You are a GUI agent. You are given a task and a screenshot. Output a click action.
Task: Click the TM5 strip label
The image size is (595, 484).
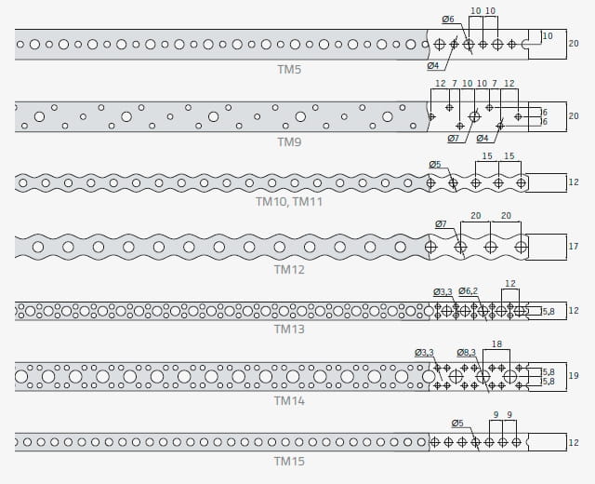[289, 70]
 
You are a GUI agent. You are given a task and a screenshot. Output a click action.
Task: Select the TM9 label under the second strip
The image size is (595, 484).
[289, 142]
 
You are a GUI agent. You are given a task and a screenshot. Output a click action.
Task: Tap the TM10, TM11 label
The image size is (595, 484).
[289, 201]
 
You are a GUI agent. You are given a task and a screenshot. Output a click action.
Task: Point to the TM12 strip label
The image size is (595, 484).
[289, 269]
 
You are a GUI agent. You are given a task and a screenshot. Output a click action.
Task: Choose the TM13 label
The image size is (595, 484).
[289, 329]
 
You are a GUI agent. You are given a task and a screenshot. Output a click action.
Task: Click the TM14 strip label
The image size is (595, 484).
[289, 401]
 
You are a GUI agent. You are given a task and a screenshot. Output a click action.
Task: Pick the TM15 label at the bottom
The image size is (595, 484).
[289, 462]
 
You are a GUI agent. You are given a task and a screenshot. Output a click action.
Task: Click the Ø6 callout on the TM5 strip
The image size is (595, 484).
[448, 19]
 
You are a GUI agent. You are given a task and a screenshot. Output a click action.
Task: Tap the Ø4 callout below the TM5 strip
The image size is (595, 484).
[433, 66]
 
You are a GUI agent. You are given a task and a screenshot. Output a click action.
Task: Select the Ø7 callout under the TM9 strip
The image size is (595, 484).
[453, 139]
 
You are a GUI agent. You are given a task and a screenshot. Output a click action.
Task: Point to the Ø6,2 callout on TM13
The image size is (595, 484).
[468, 291]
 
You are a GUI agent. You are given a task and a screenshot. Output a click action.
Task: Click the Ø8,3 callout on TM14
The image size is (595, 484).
[467, 353]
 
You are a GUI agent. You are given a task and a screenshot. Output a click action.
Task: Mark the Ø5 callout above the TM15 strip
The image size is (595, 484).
[457, 423]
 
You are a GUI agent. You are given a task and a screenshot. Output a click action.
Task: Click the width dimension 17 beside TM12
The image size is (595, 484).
[574, 247]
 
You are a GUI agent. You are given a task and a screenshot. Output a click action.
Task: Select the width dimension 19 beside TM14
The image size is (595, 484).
[574, 375]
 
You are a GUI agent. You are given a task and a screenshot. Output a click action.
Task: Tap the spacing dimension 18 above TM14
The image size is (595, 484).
[496, 343]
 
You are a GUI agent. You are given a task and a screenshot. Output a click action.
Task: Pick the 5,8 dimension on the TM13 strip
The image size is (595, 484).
[549, 312]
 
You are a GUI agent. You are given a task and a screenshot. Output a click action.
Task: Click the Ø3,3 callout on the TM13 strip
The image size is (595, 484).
[443, 291]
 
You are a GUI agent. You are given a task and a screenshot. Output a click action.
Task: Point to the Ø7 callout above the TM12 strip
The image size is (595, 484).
[441, 224]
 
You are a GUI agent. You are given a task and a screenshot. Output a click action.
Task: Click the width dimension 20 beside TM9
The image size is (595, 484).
[574, 115]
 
